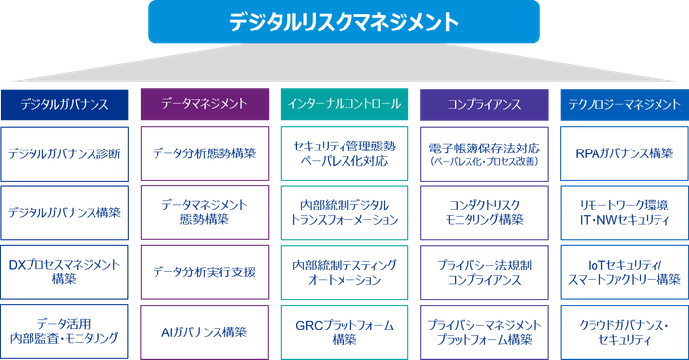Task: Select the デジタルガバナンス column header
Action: pos(65,104)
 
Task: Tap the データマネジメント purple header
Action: pos(204,104)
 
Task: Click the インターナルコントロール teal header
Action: pos(344,104)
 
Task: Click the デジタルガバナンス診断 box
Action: pos(65,153)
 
